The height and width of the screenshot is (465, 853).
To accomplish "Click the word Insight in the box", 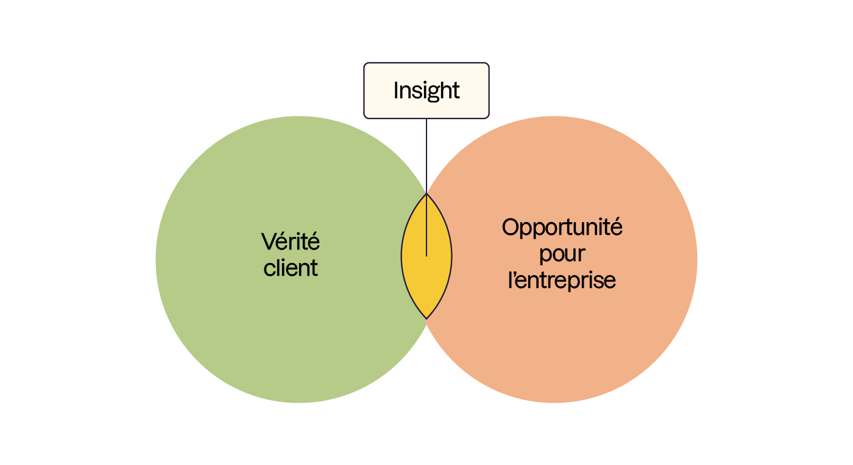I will coord(426,90).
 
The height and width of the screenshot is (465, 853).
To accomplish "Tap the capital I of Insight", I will coord(397,90).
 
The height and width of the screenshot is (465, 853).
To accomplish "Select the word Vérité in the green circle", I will coord(291,242).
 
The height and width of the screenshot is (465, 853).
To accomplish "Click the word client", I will coord(291,267).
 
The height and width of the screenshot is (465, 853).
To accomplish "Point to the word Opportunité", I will coord(562,228).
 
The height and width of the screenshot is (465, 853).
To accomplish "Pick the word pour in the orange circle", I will coord(562,254).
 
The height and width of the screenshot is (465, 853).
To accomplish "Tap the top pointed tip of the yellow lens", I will coord(426,195).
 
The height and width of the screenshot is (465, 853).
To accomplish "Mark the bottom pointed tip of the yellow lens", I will coord(426,318).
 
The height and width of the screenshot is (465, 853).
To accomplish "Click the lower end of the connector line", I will coord(426,254).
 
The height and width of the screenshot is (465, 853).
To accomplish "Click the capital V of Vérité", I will coord(267,242).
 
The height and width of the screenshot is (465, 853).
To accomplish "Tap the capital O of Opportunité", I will coord(510,228).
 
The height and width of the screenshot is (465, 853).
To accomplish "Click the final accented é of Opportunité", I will coord(617,227).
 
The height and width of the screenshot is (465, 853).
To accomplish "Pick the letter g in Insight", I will coord(435,93).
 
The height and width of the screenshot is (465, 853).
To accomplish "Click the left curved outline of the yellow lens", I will coord(402,256).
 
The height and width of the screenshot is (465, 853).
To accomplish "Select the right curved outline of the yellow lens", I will coord(451,256).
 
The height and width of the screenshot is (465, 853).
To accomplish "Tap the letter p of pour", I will coord(545,256).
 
